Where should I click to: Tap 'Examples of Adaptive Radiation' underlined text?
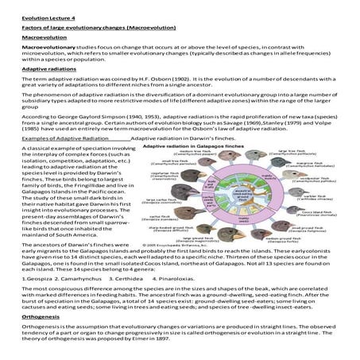53,137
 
